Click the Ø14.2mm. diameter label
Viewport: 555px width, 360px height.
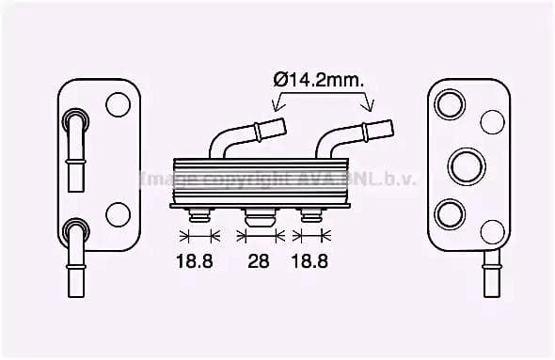click(319, 81)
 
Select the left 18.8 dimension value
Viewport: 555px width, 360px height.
click(196, 260)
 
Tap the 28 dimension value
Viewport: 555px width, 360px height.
click(258, 260)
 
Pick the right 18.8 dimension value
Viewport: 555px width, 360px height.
click(309, 260)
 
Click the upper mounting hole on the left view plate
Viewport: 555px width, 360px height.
click(118, 103)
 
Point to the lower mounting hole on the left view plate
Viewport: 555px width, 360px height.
click(118, 214)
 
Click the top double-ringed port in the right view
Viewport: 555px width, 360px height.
click(451, 103)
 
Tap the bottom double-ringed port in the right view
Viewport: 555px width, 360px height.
click(451, 213)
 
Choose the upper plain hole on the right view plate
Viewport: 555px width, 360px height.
click(491, 121)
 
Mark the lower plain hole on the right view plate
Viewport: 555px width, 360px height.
click(491, 231)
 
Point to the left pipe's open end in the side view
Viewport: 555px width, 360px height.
click(281, 124)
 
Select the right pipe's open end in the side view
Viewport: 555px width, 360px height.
click(383, 124)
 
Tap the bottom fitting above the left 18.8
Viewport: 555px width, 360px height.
click(198, 215)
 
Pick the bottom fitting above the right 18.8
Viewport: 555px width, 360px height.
click(309, 215)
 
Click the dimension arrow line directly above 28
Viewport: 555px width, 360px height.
click(258, 236)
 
